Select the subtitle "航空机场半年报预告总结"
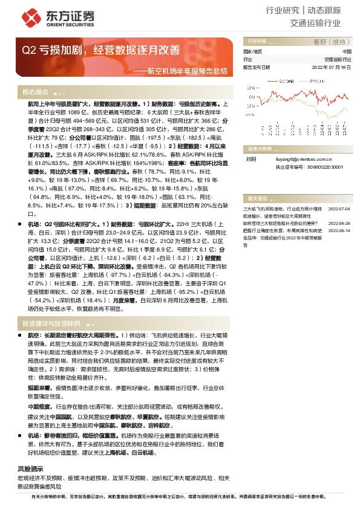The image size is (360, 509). (x=184, y=71)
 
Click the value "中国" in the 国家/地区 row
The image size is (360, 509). (x=346, y=53)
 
